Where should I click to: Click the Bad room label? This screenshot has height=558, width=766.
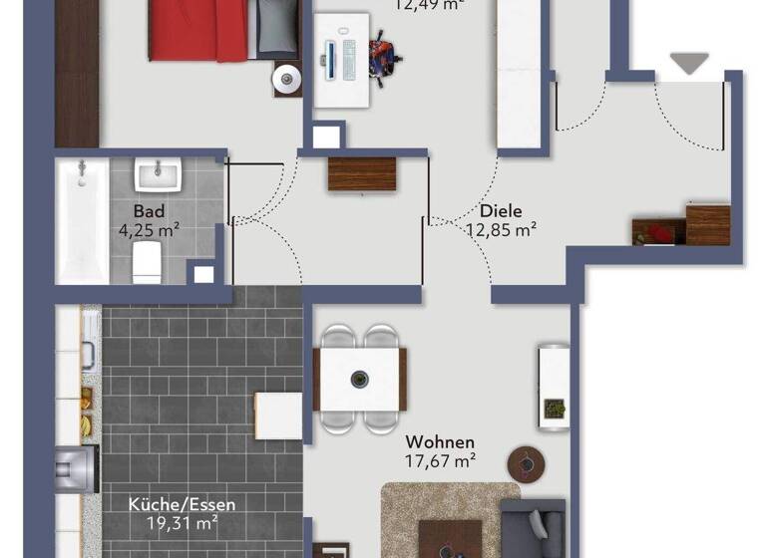pos(149,212)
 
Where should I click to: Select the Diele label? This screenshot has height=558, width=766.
pos(501,211)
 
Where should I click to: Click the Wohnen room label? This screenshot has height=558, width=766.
pos(440,441)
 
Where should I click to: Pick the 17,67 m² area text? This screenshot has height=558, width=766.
pos(440,460)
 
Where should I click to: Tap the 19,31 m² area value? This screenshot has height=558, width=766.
pos(174,521)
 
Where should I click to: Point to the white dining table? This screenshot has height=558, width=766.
pos(360,380)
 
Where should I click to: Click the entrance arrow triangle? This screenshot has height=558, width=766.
pos(688,64)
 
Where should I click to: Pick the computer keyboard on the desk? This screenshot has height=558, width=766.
pos(348,59)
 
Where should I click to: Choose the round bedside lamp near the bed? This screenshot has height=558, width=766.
pos(287,78)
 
